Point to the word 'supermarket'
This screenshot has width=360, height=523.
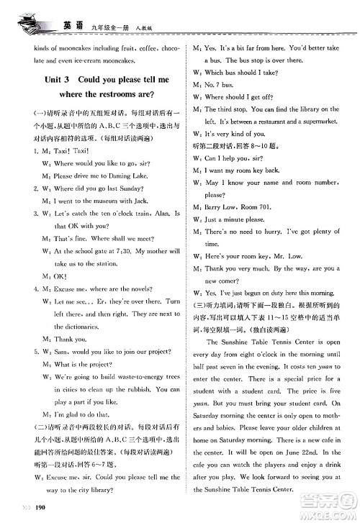(x=318, y=122)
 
